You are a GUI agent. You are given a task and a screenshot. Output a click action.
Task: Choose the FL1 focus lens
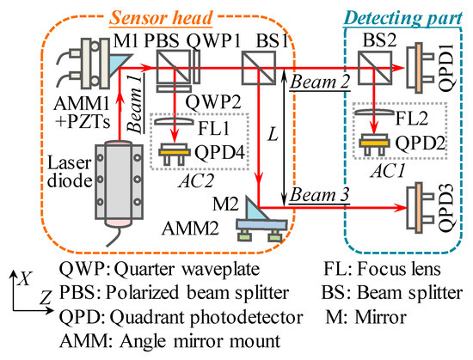pos(175,124)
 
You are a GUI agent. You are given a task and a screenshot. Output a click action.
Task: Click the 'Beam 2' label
pos(309,80)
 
